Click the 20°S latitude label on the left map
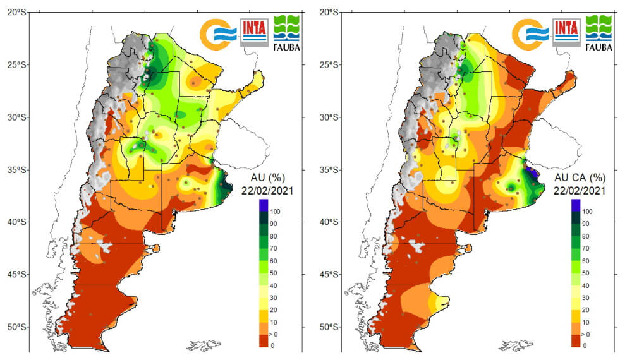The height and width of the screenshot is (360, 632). pos(16,12)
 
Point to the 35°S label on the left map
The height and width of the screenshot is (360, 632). pos(16,169)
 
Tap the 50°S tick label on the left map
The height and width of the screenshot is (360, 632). pos(16,327)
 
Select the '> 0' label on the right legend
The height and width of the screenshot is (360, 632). pos(587,333)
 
